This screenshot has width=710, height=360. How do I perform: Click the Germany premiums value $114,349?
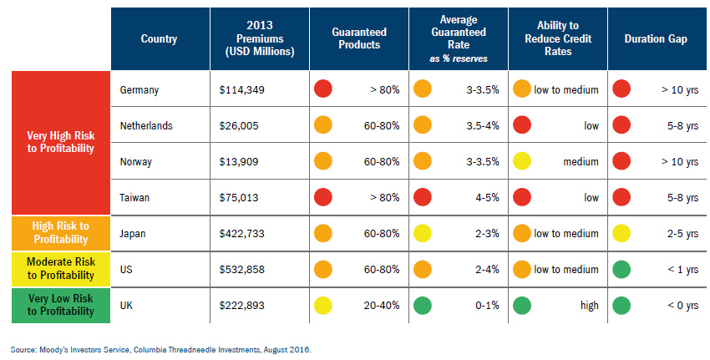coord(241,89)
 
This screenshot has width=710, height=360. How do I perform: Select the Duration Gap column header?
coord(656,39)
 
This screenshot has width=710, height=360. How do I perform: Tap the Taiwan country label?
coord(134,197)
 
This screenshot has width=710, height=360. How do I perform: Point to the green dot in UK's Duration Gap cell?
coord(621,306)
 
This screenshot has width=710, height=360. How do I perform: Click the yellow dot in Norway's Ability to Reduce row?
coord(522,162)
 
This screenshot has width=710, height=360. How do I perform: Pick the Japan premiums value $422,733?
coord(241,234)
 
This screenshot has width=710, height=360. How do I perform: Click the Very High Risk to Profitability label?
coord(61,142)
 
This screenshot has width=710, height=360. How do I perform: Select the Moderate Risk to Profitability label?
coord(61,268)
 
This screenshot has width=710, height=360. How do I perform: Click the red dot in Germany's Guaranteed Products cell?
coord(323,89)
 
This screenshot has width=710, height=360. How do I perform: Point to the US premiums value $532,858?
coord(241,270)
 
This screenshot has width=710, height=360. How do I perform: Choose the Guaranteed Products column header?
coord(359,38)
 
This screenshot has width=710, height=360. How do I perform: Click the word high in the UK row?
coord(590,306)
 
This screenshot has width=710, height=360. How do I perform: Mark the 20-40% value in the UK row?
coord(382,306)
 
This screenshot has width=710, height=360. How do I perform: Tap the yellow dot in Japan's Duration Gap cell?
coord(621,234)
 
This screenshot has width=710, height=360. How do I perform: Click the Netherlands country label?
coord(146,125)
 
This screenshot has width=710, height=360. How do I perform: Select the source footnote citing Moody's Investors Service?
coord(160,350)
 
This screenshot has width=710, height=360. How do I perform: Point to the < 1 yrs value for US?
coord(682,270)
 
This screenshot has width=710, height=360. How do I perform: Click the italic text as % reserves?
coord(459,58)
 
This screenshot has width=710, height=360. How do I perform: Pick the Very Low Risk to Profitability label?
coord(61,305)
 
